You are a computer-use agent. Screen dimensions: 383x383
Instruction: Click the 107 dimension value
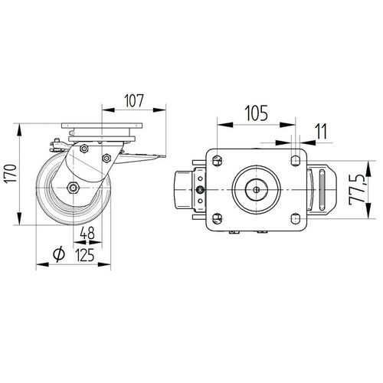click(x=134, y=100)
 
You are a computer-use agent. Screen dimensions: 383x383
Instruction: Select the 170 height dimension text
click(x=11, y=174)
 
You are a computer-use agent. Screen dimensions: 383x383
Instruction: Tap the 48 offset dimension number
click(x=87, y=233)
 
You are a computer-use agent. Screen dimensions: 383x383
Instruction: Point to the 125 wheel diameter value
click(x=85, y=254)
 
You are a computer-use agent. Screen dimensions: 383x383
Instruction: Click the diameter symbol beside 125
click(x=59, y=254)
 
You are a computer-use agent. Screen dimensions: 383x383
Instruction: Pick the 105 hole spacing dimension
click(x=257, y=113)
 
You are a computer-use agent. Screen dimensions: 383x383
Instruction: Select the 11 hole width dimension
click(x=321, y=132)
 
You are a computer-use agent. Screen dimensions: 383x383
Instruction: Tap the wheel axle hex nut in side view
click(x=73, y=188)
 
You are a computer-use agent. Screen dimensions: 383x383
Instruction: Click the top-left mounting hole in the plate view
click(x=217, y=161)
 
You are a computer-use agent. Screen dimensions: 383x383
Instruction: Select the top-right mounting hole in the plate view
click(x=296, y=161)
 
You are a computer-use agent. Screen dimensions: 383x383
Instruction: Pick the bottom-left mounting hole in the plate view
click(x=217, y=218)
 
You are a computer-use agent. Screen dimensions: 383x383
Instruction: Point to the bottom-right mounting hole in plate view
click(x=296, y=218)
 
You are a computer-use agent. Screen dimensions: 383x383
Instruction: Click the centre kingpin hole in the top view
click(x=257, y=190)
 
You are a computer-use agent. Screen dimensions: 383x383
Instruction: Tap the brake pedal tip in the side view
click(x=163, y=157)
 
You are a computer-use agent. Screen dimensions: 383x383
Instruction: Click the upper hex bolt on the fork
click(x=83, y=149)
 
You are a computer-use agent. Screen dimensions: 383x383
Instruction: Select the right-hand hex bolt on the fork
click(x=106, y=159)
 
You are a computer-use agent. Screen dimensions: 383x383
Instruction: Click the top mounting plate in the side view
click(x=102, y=126)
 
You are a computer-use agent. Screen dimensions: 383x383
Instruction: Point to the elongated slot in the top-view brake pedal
click(x=322, y=190)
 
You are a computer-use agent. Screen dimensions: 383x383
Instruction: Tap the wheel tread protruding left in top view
click(x=182, y=190)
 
